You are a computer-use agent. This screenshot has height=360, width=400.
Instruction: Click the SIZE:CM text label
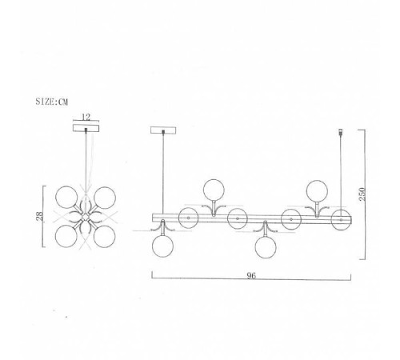click(52, 102)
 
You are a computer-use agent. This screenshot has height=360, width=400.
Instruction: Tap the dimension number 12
click(86, 117)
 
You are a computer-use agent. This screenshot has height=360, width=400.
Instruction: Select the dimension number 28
click(39, 216)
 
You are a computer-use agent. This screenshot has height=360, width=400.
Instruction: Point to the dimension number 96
click(251, 275)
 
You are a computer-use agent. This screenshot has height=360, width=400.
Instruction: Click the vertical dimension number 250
click(362, 194)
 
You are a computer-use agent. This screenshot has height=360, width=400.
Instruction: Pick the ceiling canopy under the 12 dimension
click(86, 128)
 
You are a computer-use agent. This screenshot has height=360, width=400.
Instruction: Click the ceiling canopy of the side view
click(163, 130)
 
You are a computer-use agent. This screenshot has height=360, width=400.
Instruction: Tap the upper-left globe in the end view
click(66, 197)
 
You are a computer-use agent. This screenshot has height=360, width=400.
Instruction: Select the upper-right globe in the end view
click(105, 198)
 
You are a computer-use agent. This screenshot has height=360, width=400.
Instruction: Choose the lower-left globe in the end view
click(66, 236)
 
